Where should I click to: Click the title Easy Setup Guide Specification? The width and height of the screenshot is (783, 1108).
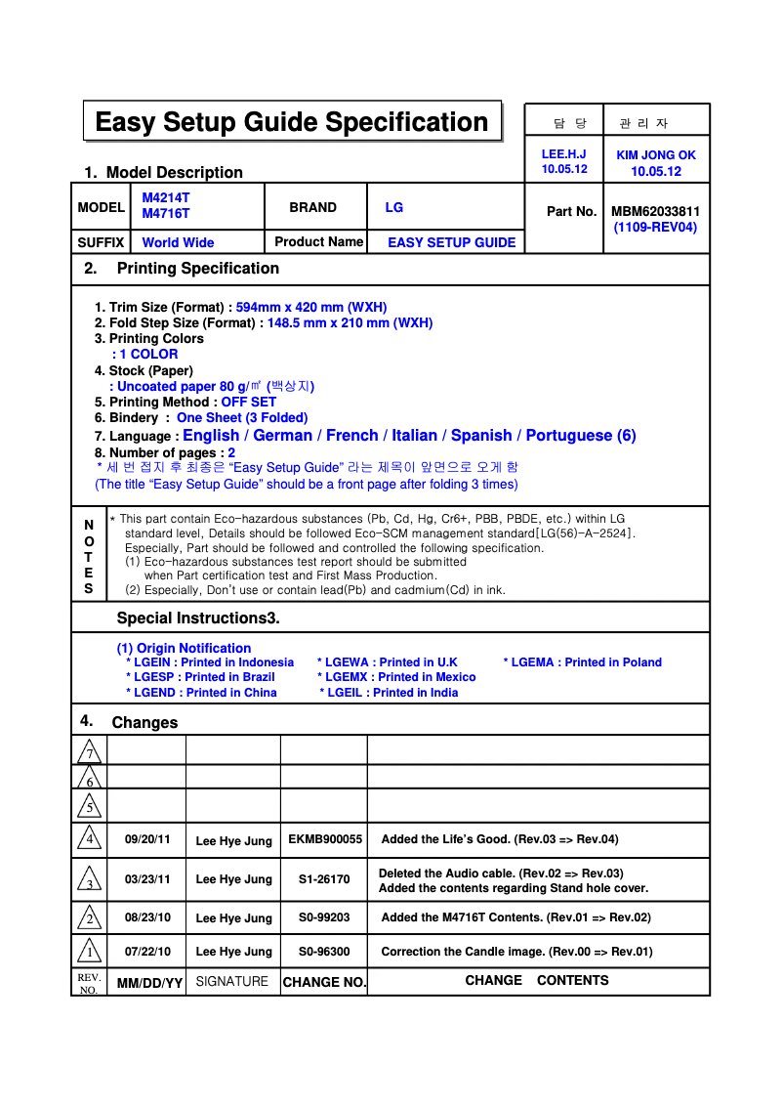[x=292, y=122]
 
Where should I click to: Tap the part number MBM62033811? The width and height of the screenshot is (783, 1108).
[x=655, y=211]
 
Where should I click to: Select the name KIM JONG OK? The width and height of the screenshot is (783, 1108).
[x=656, y=154]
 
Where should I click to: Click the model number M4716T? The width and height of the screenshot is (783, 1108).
[x=166, y=213]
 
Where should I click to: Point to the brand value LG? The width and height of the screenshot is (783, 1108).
[x=394, y=207]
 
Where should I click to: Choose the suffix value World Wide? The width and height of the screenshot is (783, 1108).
[x=178, y=242]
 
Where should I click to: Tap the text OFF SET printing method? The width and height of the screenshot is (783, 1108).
[x=248, y=402]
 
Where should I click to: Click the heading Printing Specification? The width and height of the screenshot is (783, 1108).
[x=197, y=268]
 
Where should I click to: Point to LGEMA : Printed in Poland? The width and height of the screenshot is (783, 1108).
[x=583, y=661]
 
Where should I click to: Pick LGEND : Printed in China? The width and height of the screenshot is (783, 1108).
[x=201, y=693]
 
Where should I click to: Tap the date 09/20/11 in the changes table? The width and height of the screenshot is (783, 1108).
[x=147, y=839]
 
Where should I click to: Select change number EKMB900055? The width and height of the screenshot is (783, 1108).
[x=325, y=839]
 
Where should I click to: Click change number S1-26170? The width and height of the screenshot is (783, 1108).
[x=324, y=879]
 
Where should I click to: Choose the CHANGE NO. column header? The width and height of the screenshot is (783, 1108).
[x=324, y=982]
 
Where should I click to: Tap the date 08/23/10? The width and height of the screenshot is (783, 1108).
[x=147, y=917]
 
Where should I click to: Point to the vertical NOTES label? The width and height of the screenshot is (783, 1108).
[x=89, y=557]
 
